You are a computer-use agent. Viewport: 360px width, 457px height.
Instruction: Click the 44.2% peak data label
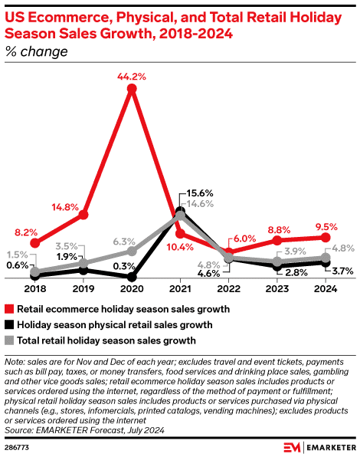point(132,77)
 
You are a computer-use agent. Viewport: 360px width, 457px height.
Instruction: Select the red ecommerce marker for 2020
point(132,90)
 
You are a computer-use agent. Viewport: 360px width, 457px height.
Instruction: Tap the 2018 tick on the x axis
point(35,289)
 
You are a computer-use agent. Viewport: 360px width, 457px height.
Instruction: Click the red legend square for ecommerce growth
point(10,309)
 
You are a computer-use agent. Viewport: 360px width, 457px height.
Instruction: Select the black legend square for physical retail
point(10,324)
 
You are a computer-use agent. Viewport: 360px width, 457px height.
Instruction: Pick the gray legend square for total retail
point(10,340)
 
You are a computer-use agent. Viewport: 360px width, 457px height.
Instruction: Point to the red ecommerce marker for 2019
point(83,215)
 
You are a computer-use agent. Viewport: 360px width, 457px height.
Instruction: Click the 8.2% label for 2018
point(25,232)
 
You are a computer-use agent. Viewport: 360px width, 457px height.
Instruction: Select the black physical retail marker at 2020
point(132,277)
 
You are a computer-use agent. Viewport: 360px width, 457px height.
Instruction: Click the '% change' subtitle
point(36,52)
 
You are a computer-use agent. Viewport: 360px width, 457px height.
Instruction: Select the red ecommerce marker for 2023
point(277,241)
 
